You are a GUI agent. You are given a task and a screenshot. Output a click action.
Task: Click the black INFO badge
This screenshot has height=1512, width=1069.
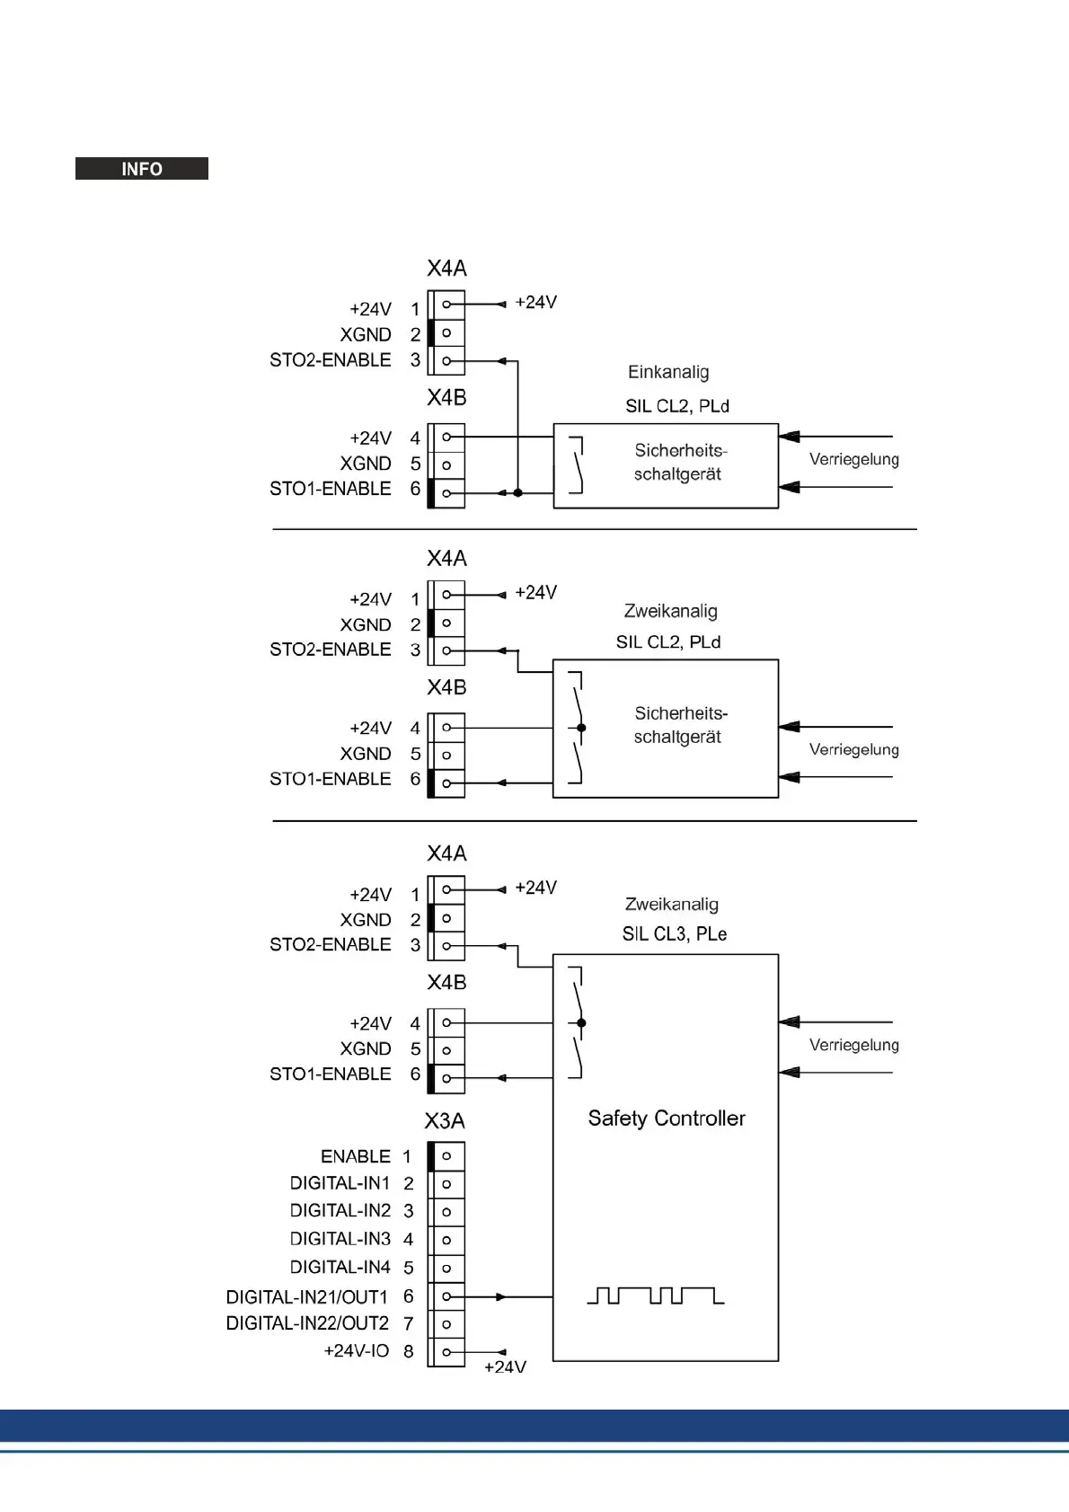tap(142, 169)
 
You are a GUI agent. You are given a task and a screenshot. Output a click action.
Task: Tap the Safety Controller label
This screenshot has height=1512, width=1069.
tap(667, 1119)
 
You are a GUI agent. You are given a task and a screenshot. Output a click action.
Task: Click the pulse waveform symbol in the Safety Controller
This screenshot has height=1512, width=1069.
tap(655, 1295)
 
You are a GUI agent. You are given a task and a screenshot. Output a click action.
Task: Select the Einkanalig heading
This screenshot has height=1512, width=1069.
tap(668, 372)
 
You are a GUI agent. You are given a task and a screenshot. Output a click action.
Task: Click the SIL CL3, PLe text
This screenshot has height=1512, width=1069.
tap(675, 934)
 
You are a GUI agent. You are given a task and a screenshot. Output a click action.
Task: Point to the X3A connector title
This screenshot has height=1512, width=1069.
tap(445, 1121)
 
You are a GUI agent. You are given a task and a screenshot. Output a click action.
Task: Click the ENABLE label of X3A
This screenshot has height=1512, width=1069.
tap(356, 1156)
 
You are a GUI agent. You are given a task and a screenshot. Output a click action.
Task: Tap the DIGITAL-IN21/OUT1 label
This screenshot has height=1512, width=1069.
tap(307, 1297)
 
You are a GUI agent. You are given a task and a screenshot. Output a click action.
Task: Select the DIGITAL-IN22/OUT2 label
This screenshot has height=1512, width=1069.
tap(307, 1323)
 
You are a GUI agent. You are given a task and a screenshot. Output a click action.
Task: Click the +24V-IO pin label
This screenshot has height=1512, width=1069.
tap(357, 1351)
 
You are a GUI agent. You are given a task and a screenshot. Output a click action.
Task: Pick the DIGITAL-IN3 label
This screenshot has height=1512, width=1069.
tap(340, 1239)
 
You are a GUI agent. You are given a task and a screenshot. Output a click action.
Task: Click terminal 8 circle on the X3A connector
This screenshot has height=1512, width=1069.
tap(446, 1352)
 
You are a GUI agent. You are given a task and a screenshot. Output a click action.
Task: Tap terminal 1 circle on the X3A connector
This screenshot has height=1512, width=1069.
tap(446, 1156)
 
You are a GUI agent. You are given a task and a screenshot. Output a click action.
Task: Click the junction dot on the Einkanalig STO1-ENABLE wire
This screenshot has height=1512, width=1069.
tap(518, 492)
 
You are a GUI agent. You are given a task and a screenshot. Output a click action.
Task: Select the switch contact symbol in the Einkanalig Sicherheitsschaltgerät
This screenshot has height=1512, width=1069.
tap(578, 465)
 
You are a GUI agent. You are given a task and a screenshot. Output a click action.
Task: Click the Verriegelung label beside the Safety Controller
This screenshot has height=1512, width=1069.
tap(853, 1045)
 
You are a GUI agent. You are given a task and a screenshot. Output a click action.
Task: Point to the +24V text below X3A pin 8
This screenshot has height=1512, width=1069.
tap(505, 1367)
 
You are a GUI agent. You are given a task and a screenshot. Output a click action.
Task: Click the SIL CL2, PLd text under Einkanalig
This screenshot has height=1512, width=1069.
tap(677, 406)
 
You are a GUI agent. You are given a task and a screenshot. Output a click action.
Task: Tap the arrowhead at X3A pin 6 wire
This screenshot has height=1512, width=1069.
tap(501, 1296)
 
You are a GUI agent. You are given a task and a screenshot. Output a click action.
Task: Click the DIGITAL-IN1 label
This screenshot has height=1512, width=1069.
tap(340, 1183)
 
